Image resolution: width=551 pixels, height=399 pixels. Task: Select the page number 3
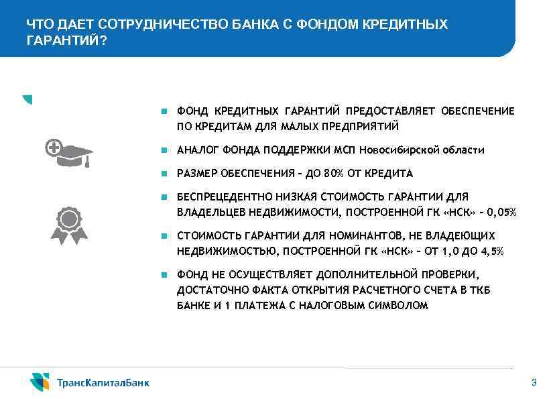coord(534,383)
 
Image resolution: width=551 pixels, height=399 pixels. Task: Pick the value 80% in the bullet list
coord(333,174)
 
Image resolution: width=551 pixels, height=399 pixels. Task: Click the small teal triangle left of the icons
coord(27,99)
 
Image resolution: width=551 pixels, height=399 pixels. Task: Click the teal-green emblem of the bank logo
coord(40,382)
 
